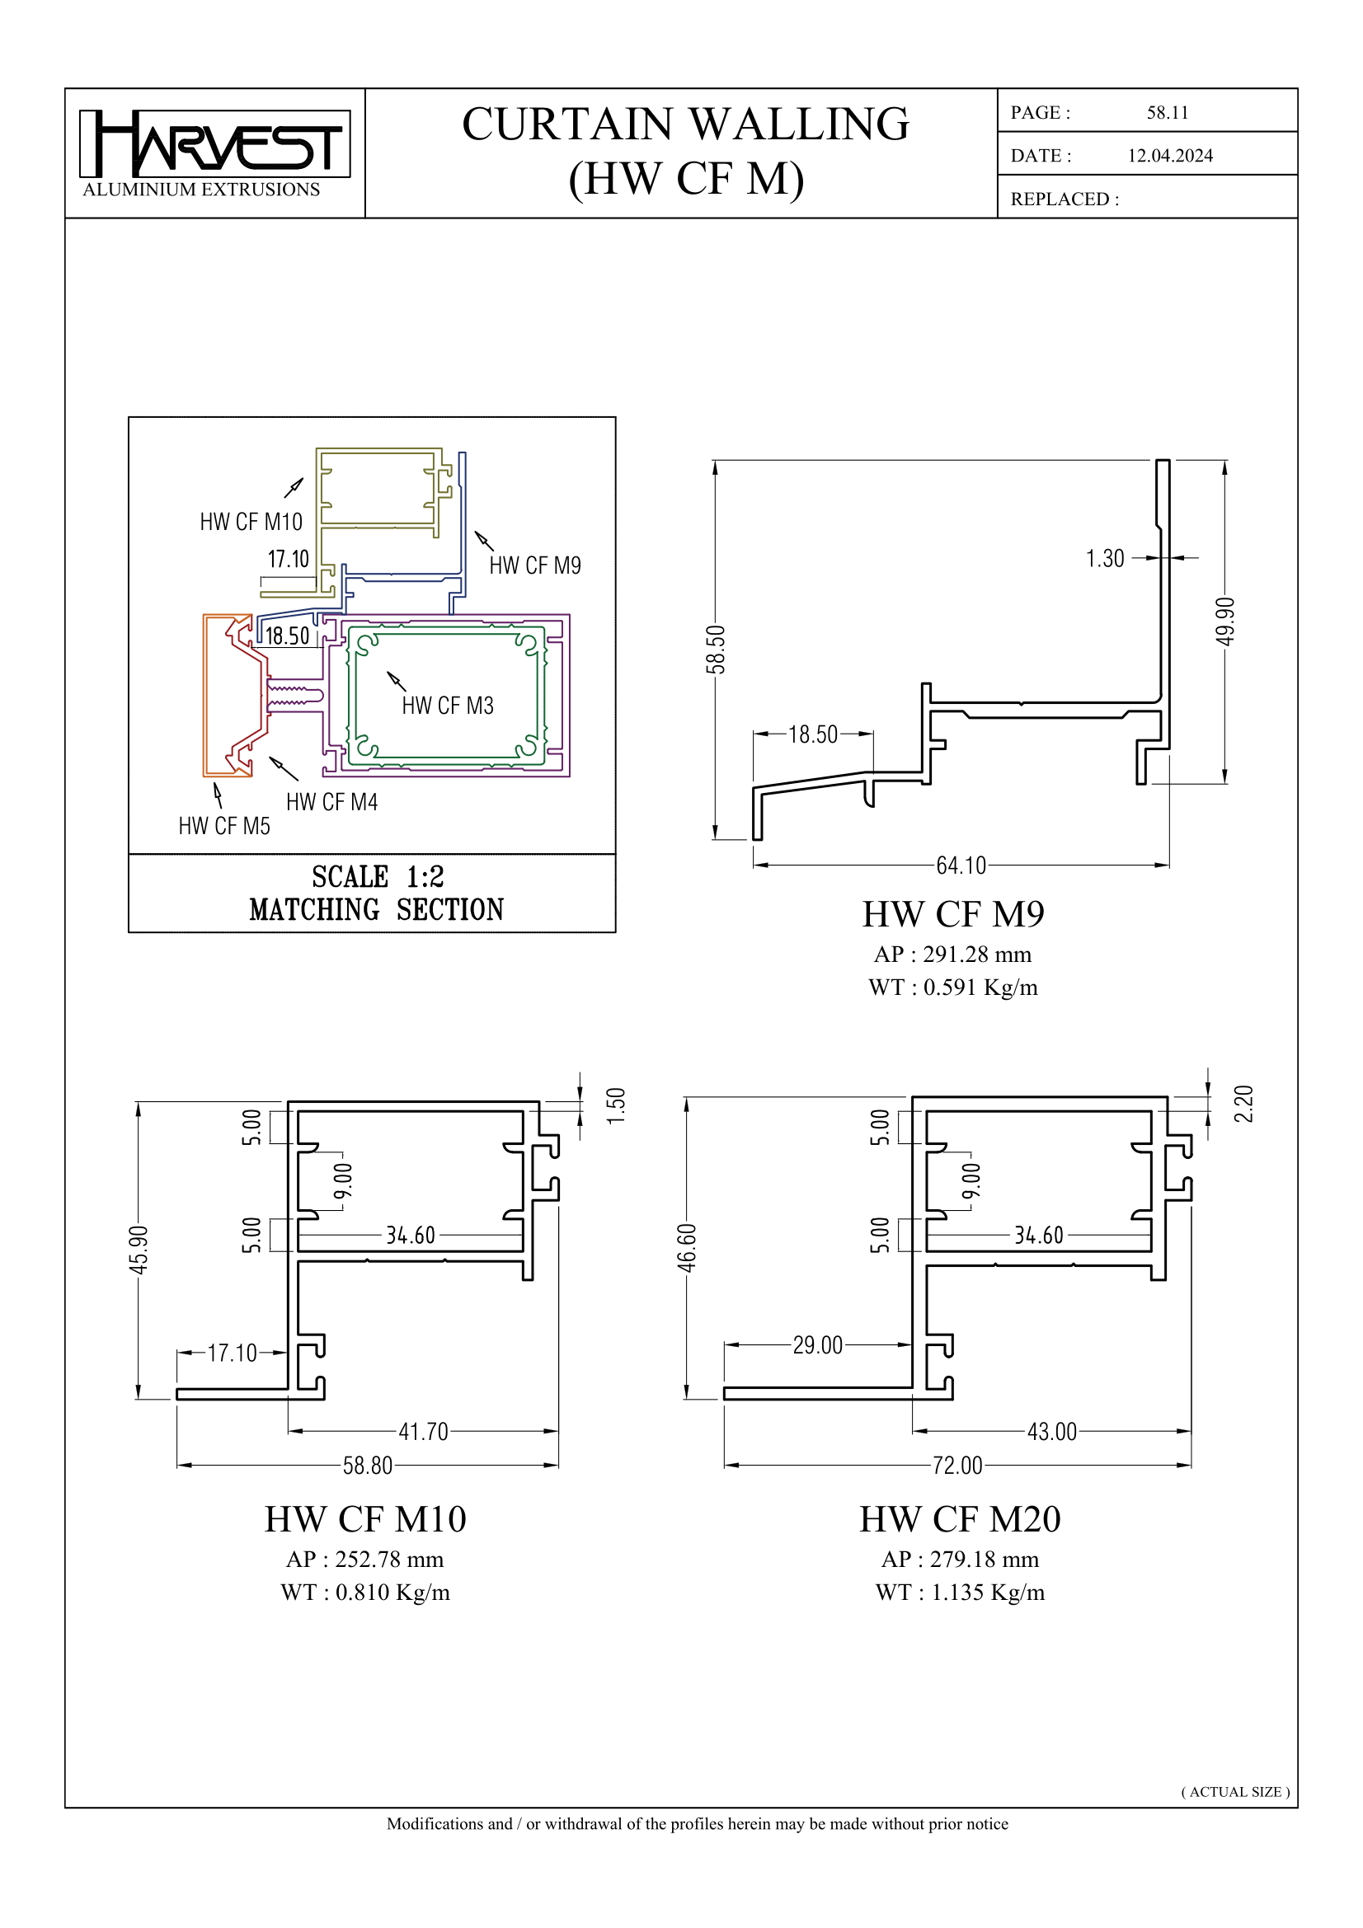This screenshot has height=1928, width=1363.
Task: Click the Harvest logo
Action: [214, 144]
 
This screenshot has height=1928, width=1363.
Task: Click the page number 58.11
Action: [1168, 113]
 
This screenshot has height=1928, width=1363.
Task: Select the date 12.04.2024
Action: [1170, 155]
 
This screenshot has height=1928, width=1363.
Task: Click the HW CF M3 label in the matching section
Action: [447, 706]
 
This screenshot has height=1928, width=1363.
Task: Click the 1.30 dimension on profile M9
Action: [1104, 558]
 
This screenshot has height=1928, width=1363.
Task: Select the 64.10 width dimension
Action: [961, 865]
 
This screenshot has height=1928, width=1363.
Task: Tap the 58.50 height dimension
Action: [715, 649]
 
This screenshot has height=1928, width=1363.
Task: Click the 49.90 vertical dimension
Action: [1225, 622]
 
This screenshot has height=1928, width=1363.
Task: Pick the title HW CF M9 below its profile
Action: [953, 914]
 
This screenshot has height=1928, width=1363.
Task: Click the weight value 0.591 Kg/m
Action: [980, 987]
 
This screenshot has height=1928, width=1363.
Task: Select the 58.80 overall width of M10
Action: [367, 1466]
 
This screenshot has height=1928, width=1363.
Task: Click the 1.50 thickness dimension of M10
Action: [616, 1106]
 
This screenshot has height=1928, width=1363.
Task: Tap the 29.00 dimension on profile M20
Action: [817, 1345]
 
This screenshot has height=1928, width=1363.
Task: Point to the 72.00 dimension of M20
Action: [957, 1466]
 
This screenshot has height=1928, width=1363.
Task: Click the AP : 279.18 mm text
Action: [960, 1560]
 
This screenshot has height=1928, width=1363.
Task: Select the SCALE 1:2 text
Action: [377, 877]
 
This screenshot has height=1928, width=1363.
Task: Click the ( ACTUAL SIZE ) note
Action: [1234, 1791]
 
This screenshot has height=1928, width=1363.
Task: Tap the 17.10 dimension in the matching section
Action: [288, 559]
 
